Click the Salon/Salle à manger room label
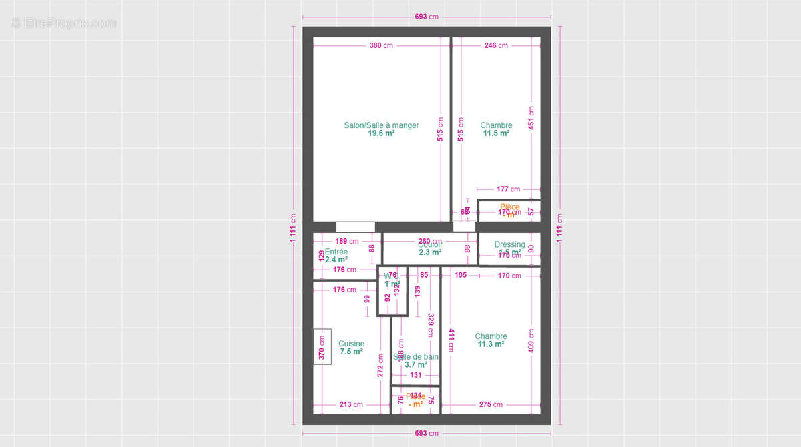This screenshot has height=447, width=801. click(381, 125)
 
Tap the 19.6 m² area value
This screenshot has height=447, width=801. click(381, 133)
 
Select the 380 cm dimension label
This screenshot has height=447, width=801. click(380, 45)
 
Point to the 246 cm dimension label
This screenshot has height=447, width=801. click(495, 45)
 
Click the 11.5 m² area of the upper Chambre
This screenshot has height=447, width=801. click(496, 133)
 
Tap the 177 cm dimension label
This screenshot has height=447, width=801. click(508, 189)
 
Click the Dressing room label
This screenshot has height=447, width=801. click(509, 244)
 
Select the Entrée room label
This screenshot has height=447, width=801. click(336, 252)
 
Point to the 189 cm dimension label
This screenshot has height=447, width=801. click(346, 241)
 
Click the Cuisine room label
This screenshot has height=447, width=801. click(351, 344)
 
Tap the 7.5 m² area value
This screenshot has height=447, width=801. click(351, 352)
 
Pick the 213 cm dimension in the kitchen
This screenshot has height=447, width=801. click(351, 404)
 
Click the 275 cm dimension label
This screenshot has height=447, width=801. click(491, 404)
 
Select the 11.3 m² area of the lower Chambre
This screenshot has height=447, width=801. click(491, 344)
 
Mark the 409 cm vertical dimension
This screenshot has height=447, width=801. click(531, 341)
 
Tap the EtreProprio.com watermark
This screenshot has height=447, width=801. click(63, 23)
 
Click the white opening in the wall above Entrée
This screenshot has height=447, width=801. click(355, 227)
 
